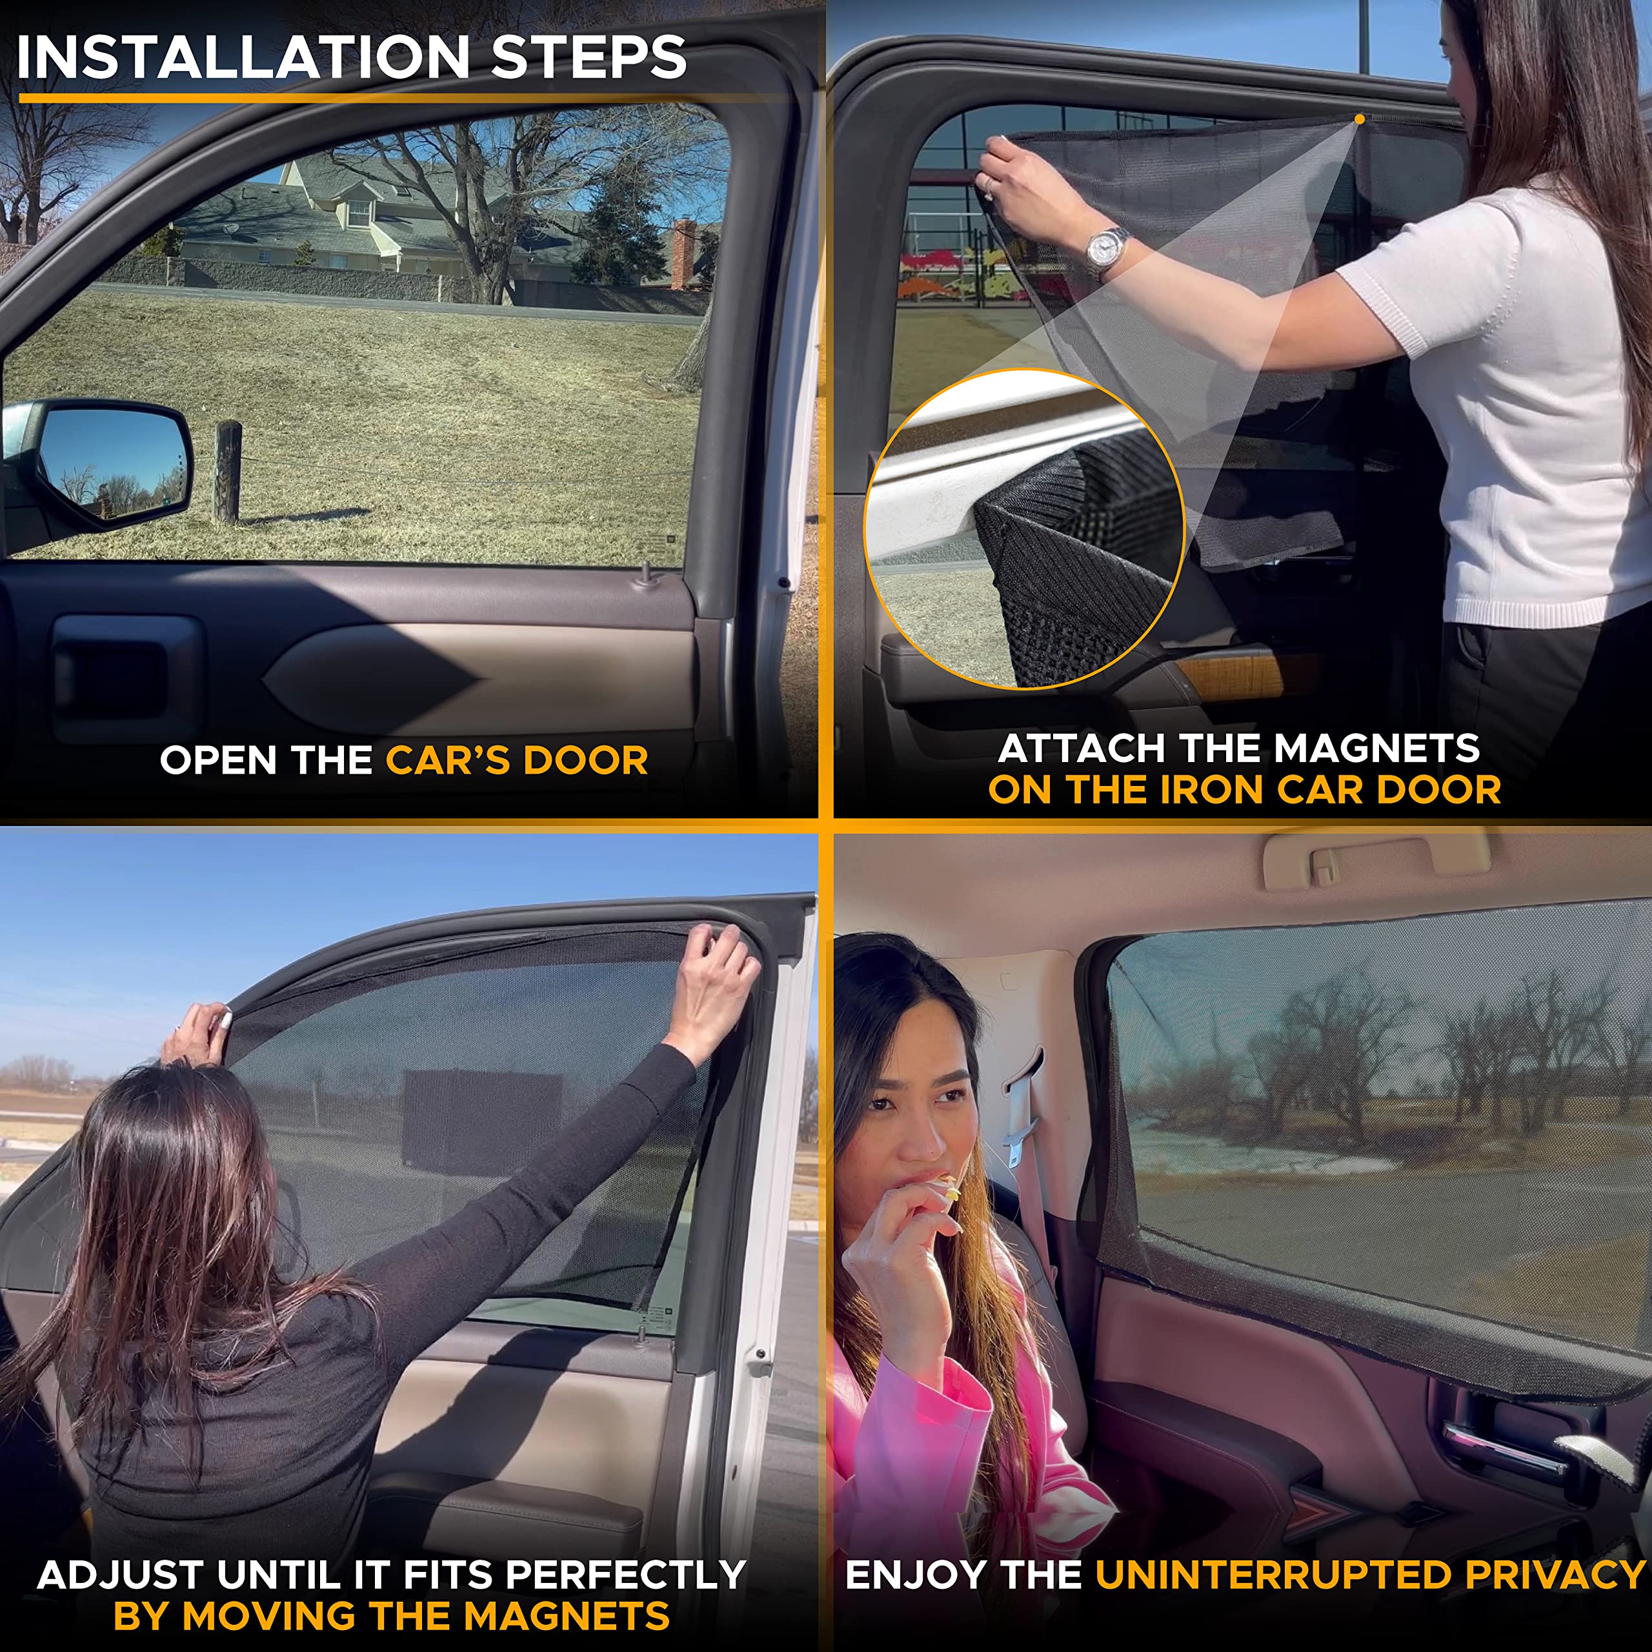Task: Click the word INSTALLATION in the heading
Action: [x=242, y=57]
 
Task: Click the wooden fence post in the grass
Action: [x=227, y=471]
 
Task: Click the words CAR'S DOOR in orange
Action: [x=516, y=760]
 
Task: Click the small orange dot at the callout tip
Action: [x=1360, y=120]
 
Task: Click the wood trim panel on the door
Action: [x=1231, y=676]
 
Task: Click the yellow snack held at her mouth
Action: [x=949, y=1187]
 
